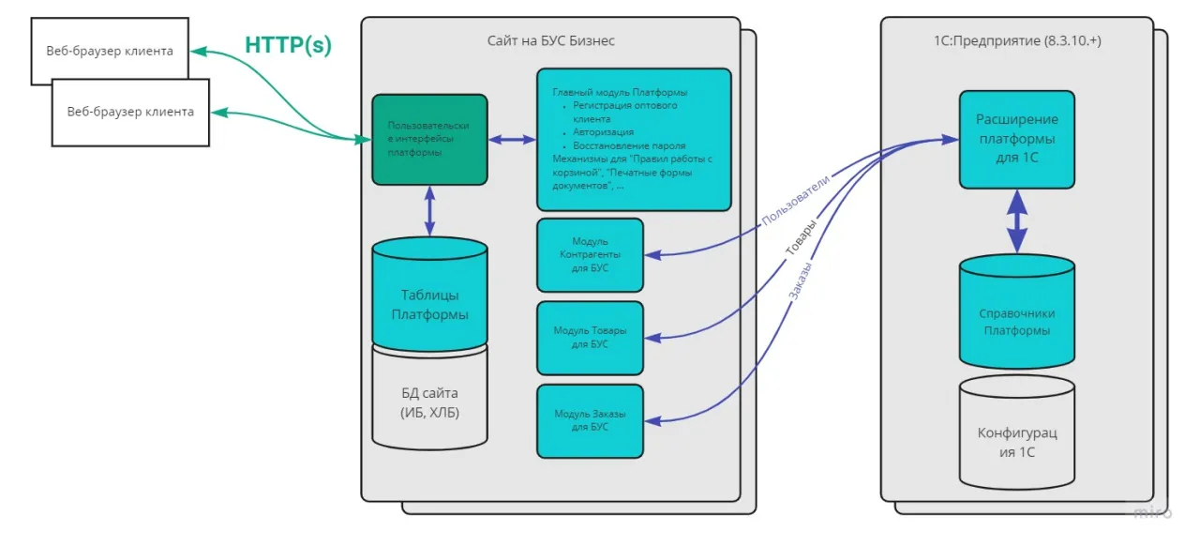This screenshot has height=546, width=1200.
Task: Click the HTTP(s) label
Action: point(288,45)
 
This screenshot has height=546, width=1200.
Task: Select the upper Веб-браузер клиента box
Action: point(110,51)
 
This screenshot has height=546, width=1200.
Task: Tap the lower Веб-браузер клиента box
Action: point(130,112)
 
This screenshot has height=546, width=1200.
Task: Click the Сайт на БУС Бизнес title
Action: point(550,40)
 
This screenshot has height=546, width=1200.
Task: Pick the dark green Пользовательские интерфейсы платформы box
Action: point(429,139)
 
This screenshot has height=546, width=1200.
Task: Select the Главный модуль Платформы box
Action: point(633,139)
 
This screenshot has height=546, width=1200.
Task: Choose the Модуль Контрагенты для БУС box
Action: point(590,255)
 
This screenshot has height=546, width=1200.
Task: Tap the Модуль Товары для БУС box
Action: point(590,338)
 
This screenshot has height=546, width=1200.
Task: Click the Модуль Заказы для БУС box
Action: point(590,419)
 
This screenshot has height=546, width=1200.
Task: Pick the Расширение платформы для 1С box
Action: point(1017,139)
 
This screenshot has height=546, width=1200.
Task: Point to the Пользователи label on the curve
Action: point(795,200)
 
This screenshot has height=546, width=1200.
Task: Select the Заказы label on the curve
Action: point(799,281)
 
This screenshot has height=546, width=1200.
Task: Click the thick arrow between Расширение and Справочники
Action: point(1017,221)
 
